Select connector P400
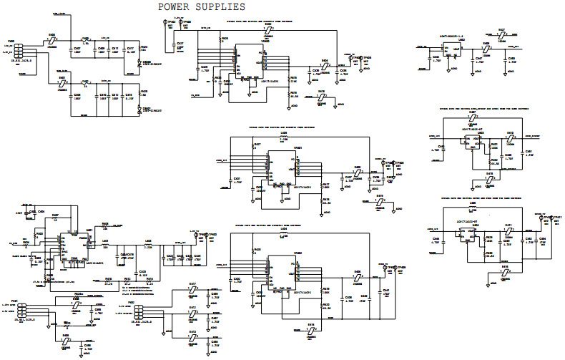click(18, 52)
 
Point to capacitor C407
click(77, 52)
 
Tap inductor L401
click(105, 244)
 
